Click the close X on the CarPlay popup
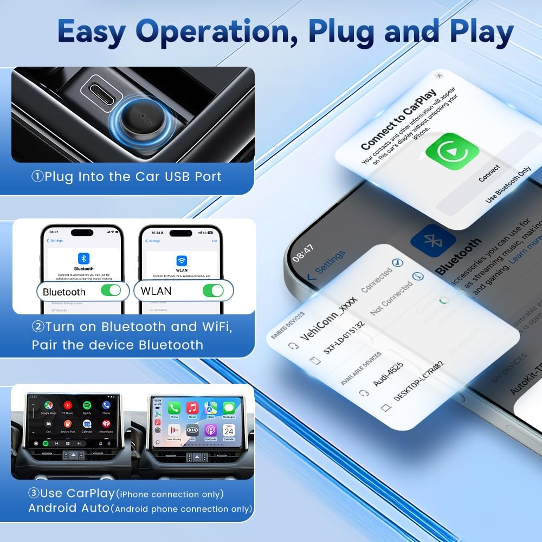[x=439, y=76]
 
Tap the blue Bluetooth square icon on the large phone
[x=432, y=242]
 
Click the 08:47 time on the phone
[x=302, y=253]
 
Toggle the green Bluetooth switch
[x=111, y=291]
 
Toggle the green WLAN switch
[x=212, y=291]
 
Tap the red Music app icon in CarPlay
[x=192, y=408]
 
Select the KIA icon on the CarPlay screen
[x=192, y=429]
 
